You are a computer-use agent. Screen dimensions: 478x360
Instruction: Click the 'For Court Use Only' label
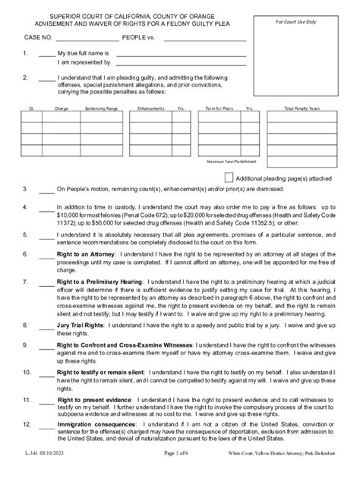point(311,22)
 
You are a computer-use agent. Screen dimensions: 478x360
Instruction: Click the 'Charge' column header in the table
point(62,109)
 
